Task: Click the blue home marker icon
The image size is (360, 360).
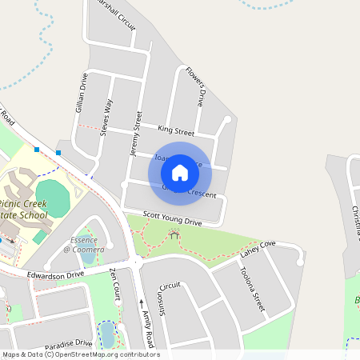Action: [x=180, y=172]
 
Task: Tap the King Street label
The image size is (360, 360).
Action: [x=176, y=130]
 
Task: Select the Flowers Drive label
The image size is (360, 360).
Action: [x=195, y=86]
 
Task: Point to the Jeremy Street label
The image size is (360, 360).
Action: [x=135, y=133]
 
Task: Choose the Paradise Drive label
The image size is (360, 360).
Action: [x=69, y=345]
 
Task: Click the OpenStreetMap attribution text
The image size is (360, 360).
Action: [x=81, y=354]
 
